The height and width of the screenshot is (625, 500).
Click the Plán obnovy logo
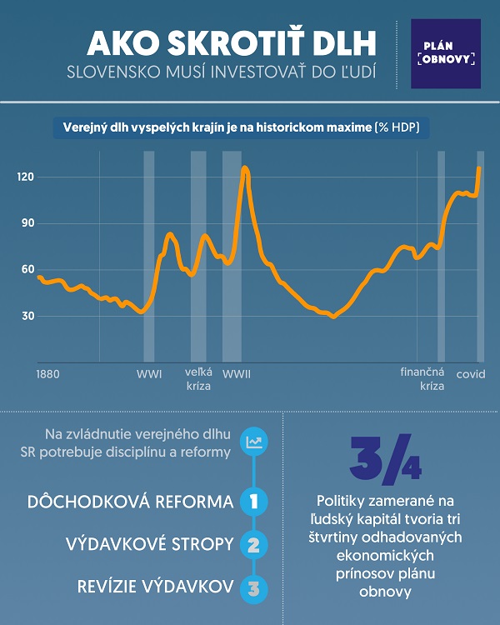pyautogui.click(x=446, y=54)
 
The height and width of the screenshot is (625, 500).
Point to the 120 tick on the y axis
pyautogui.click(x=25, y=177)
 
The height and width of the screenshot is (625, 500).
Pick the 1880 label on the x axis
pyautogui.click(x=48, y=374)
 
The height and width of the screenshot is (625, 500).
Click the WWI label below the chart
pyautogui.click(x=149, y=374)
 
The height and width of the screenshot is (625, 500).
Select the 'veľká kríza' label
pyautogui.click(x=198, y=380)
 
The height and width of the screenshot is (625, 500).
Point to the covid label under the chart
pyautogui.click(x=470, y=374)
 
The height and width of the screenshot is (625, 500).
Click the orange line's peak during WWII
pyautogui.click(x=244, y=168)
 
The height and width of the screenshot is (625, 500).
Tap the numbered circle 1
pyautogui.click(x=253, y=502)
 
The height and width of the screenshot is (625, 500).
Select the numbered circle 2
pyautogui.click(x=253, y=545)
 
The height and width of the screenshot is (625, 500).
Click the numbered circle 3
pyautogui.click(x=253, y=587)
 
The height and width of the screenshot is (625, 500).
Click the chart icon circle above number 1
pyautogui.click(x=253, y=442)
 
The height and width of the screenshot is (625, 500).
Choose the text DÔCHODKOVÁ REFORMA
pyautogui.click(x=131, y=502)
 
